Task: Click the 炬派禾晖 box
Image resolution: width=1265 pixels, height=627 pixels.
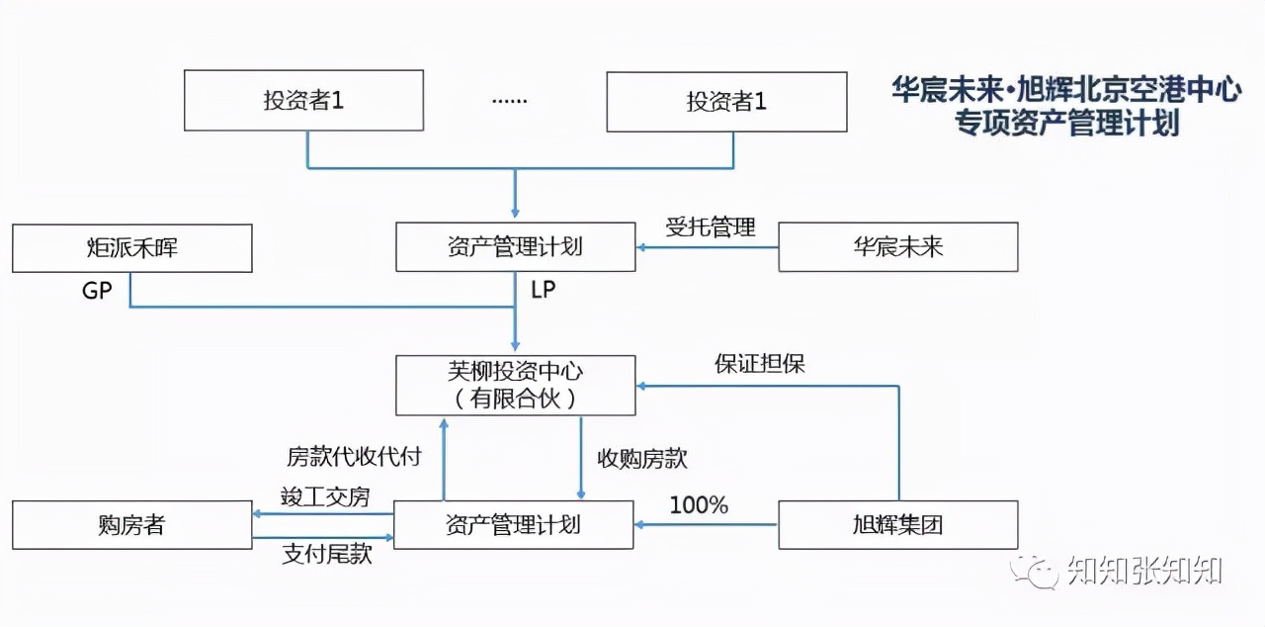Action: pyautogui.click(x=131, y=247)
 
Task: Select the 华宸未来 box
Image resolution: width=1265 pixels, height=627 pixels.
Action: pyautogui.click(x=897, y=247)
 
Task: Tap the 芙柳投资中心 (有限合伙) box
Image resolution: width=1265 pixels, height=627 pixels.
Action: pyautogui.click(x=515, y=385)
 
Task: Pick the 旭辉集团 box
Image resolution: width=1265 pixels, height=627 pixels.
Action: pyautogui.click(x=897, y=524)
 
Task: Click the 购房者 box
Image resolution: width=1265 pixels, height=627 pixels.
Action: pyautogui.click(x=131, y=524)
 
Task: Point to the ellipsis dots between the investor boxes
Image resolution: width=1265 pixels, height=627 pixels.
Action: pyautogui.click(x=509, y=101)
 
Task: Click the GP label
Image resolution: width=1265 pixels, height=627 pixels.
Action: pyautogui.click(x=97, y=292)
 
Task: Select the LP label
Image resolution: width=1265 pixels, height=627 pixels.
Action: pyautogui.click(x=544, y=290)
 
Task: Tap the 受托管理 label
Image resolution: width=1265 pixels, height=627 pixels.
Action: pyautogui.click(x=710, y=227)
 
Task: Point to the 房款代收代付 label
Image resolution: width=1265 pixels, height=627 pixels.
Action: pyautogui.click(x=354, y=457)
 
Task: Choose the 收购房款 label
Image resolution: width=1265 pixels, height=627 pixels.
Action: pyautogui.click(x=641, y=459)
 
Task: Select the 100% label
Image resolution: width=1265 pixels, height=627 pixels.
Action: pyautogui.click(x=699, y=505)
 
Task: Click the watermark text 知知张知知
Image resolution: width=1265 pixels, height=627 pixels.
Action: pyautogui.click(x=1144, y=571)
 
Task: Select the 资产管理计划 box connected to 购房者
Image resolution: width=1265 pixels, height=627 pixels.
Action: pyautogui.click(x=513, y=524)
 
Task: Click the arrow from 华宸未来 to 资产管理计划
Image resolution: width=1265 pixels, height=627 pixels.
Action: pyautogui.click(x=707, y=247)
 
